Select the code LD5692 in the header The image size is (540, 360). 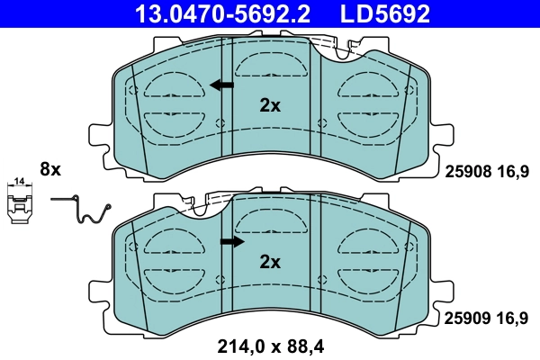click(382, 14)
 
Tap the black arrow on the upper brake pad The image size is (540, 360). click(221, 85)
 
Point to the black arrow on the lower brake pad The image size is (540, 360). click(232, 241)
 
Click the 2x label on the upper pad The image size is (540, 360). click(270, 105)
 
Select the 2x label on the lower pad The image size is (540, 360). click(270, 262)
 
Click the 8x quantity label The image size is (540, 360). click(49, 168)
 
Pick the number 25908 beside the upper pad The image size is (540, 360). click(466, 169)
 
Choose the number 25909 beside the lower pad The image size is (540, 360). click(466, 318)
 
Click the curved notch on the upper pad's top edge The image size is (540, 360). click(346, 52)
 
